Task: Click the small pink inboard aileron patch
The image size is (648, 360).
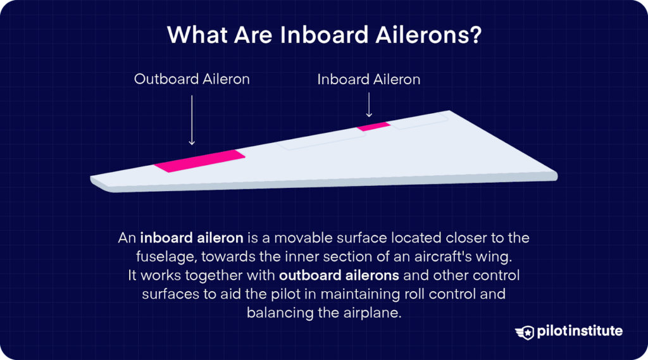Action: [373, 127]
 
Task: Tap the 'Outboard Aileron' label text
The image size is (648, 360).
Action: [192, 79]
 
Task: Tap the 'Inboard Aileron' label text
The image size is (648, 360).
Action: [368, 79]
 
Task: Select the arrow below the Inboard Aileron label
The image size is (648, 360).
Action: [369, 104]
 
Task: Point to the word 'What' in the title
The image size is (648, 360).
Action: [195, 35]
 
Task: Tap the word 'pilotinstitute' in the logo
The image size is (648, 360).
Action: [580, 332]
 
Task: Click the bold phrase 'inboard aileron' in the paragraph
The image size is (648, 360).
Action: [192, 239]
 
